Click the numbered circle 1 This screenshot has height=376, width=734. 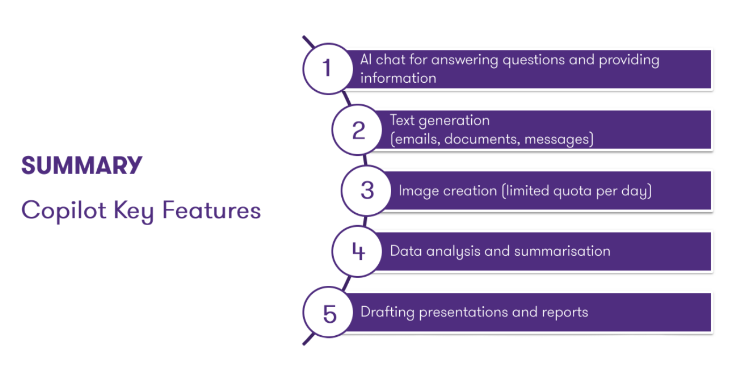327,69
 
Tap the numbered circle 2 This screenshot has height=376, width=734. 357,130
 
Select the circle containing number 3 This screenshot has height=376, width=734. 367,191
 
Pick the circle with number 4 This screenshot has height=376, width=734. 357,251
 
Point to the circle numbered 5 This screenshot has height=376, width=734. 329,313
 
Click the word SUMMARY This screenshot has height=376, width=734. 82,166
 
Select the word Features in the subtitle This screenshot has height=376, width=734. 211,210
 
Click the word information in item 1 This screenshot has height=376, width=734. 398,78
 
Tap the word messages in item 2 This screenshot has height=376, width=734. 558,140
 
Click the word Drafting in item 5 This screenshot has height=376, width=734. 387,312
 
